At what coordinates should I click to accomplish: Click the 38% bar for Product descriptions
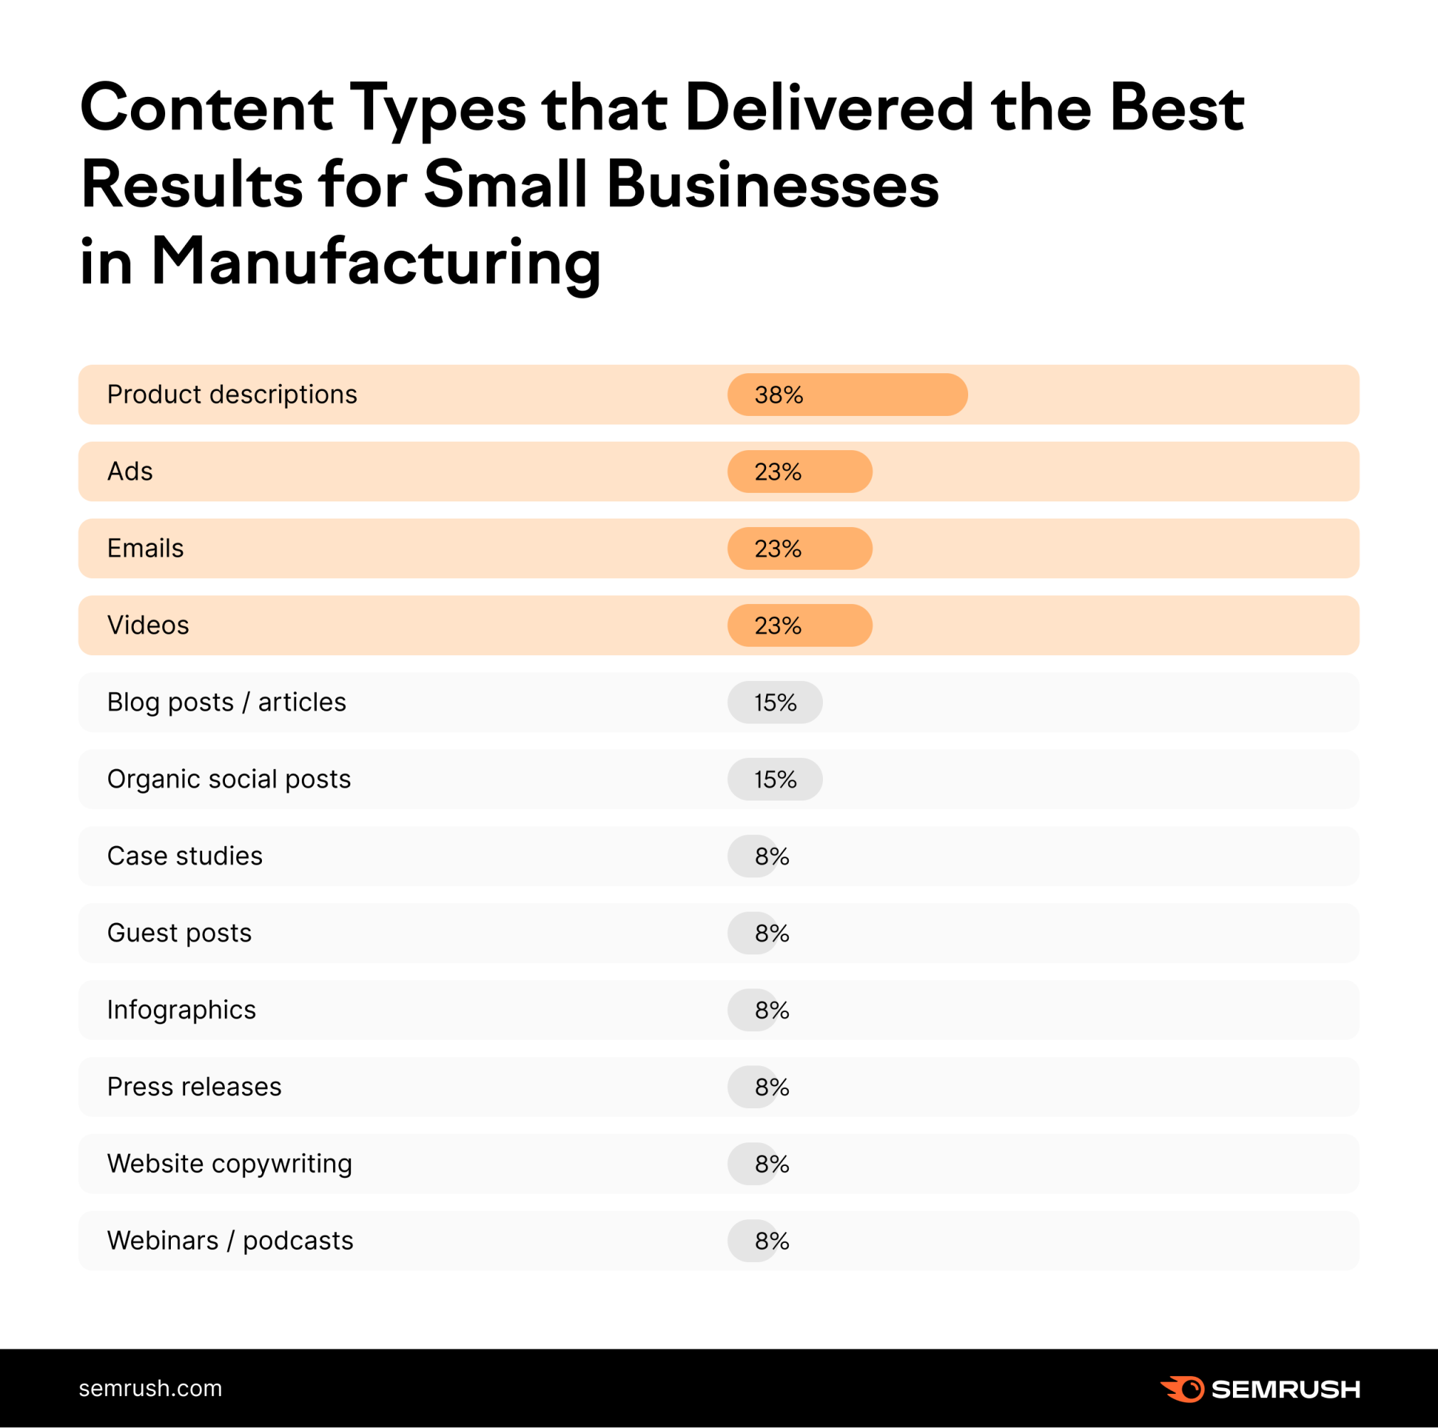[x=847, y=395]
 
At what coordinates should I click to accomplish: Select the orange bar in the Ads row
[x=799, y=471]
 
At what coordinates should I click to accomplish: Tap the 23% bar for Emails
[x=799, y=548]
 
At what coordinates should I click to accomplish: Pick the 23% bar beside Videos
[x=799, y=625]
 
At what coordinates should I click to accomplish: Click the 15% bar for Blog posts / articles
[x=775, y=702]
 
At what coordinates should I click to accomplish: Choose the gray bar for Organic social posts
[x=775, y=779]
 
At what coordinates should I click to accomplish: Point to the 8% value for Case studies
[x=771, y=856]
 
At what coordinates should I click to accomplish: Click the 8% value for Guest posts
[x=771, y=933]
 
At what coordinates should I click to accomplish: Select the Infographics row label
[x=181, y=1010]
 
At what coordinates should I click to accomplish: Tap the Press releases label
[x=194, y=1087]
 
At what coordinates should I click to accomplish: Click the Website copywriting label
[x=229, y=1164]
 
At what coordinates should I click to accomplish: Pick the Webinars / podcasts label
[x=230, y=1241]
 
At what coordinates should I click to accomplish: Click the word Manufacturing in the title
[x=375, y=262]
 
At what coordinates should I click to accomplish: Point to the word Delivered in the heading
[x=829, y=109]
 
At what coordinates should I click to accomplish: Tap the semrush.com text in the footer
[x=150, y=1389]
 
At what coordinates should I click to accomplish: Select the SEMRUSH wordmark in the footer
[x=1286, y=1390]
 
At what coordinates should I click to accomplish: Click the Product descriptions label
[x=231, y=395]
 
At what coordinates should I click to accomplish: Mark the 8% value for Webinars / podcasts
[x=771, y=1241]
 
